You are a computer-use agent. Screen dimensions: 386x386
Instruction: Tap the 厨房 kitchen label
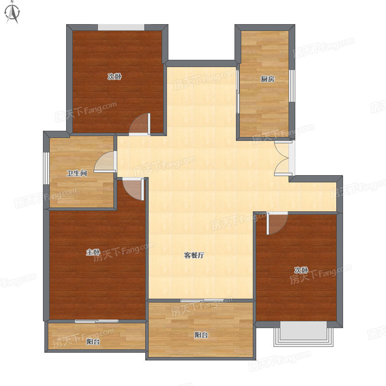268,79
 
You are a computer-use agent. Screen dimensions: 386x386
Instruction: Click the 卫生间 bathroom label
77,173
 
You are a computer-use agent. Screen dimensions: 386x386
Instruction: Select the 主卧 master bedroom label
93,252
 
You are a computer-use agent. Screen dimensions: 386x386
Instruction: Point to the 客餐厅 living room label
194,255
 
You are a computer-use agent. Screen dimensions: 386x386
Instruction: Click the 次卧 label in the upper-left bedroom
114,77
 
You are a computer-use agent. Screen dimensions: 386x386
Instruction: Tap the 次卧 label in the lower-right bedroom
301,270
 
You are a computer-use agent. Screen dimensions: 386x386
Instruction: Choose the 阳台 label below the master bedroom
93,342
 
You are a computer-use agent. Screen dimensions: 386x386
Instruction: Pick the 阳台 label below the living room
201,335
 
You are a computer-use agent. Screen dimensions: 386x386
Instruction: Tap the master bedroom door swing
133,189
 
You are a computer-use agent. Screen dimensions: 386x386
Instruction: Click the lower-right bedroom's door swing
277,223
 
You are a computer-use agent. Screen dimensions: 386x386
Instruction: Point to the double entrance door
284,158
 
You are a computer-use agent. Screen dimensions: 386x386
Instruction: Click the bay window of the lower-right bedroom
303,334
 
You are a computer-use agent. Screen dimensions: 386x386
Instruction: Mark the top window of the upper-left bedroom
121,28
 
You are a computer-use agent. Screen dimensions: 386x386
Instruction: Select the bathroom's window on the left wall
46,168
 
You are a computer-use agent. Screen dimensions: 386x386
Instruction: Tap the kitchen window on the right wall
292,86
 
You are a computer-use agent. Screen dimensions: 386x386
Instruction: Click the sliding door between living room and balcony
202,300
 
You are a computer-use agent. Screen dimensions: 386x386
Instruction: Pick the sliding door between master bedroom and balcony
96,321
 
